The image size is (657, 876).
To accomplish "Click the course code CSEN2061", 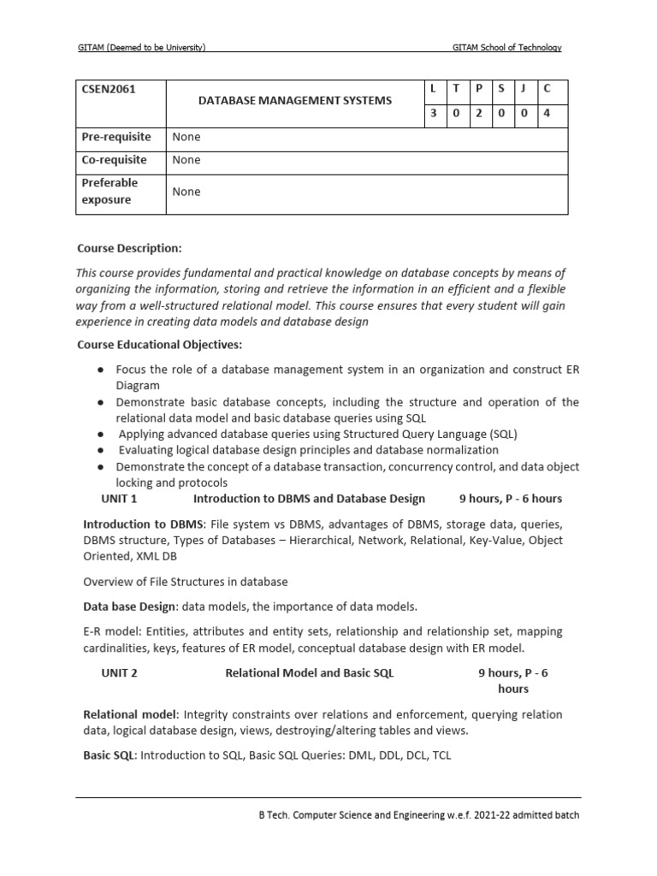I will (x=109, y=89).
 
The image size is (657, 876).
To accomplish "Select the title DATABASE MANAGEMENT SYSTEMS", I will (x=294, y=101).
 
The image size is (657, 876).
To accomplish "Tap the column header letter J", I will (x=523, y=89).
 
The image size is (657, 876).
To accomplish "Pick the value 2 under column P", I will (x=479, y=114).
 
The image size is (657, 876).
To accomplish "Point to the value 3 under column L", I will (x=435, y=114).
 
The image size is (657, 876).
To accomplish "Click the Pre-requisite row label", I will (x=115, y=137).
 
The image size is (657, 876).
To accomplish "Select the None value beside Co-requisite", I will (x=186, y=160).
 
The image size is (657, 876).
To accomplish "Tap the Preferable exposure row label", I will (x=109, y=191).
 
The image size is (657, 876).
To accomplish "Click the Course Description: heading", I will (x=129, y=248).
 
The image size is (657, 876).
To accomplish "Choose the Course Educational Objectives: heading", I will (x=160, y=345).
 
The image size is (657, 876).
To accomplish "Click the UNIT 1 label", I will (x=119, y=499).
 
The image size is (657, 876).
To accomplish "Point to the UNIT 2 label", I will (x=119, y=673).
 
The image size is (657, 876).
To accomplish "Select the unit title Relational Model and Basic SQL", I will (x=309, y=673).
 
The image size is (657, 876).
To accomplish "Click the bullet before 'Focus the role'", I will (x=101, y=369).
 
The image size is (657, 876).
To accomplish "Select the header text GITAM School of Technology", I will (x=506, y=48).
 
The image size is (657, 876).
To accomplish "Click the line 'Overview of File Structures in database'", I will (x=185, y=582).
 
